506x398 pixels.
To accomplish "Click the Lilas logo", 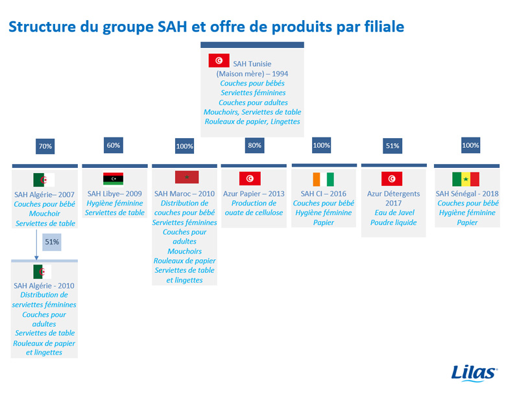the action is point(474,373).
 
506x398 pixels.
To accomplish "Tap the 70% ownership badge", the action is point(45,146).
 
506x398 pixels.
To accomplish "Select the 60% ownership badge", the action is point(114,145).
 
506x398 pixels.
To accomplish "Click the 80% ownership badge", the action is point(254,145).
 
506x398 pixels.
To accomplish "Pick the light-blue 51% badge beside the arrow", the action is point(52,242).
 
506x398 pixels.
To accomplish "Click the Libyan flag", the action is point(114,178).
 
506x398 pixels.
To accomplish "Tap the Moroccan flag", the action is point(187,177).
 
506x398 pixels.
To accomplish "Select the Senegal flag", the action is point(466,179).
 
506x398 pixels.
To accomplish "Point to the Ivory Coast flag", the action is point(323,180).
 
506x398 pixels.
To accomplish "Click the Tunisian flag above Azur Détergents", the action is point(392,179).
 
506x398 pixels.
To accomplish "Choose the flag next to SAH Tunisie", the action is point(219,60).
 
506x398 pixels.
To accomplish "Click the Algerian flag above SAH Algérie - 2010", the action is point(42,272).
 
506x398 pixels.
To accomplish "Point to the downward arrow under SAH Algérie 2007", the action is point(36,244).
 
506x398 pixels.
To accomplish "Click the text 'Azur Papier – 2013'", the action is point(254,194).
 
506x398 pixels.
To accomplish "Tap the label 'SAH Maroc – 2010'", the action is point(184,194).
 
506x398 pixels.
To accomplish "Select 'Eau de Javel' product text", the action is point(394,213).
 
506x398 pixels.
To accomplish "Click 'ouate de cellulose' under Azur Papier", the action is point(254,213).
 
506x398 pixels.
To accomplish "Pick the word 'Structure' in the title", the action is point(42,27).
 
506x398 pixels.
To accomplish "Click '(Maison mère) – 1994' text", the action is point(252,73).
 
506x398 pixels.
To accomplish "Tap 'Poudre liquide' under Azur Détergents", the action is point(393,222).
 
